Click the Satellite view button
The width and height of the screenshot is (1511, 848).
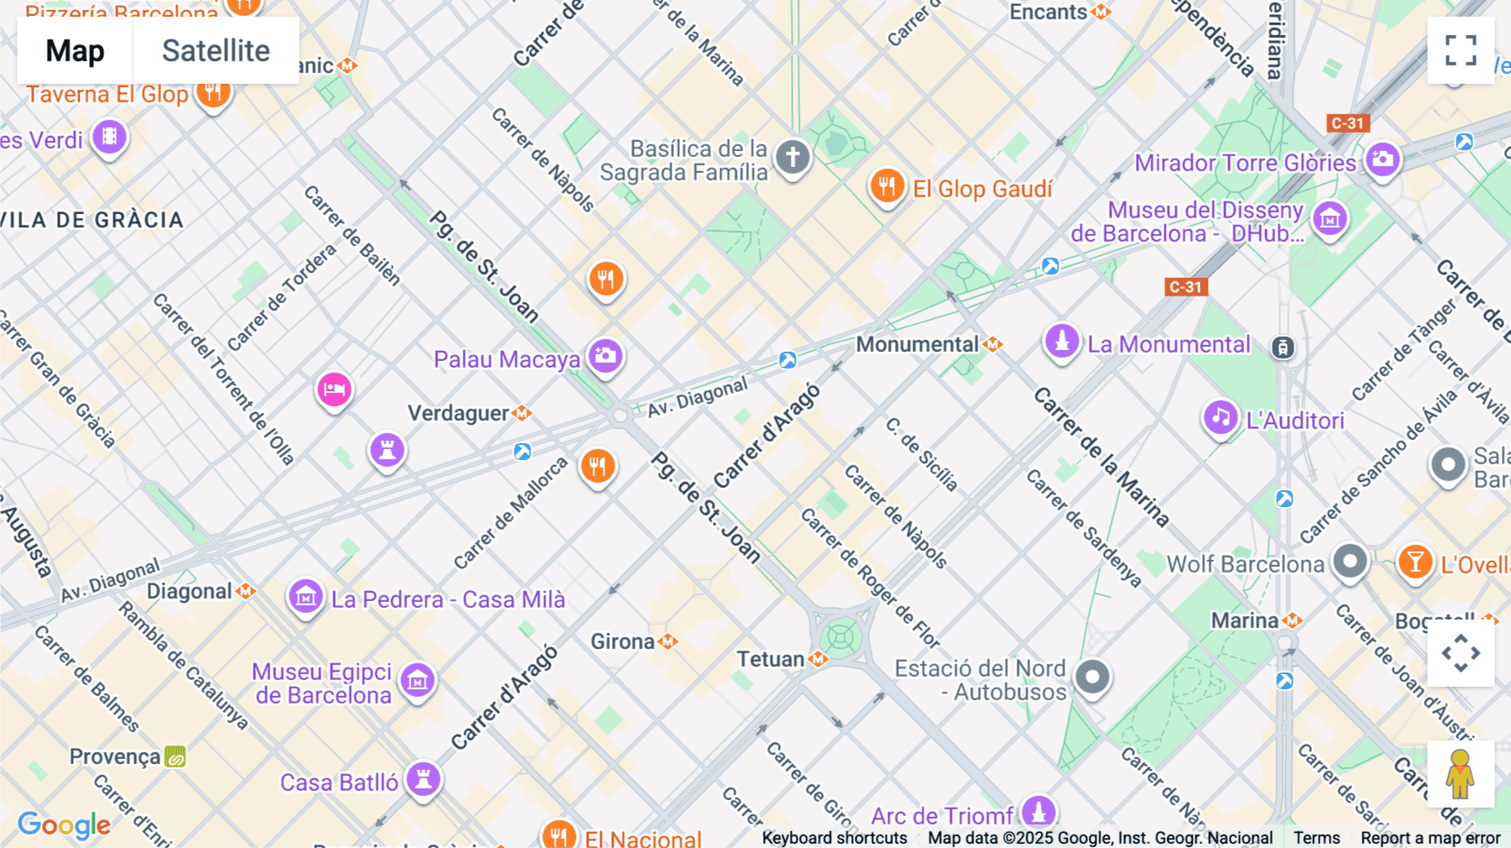216,50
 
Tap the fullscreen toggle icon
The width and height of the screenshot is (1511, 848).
1461,50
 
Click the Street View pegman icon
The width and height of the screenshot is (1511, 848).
1460,774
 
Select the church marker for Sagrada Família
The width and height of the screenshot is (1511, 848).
792,157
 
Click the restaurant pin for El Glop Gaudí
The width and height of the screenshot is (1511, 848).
886,186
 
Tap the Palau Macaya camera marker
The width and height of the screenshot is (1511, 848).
605,356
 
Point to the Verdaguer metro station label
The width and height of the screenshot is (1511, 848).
459,413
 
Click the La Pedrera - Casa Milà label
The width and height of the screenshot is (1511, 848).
447,599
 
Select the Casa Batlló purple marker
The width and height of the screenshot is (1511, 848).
424,779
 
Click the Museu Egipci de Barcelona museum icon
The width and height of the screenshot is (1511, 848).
417,680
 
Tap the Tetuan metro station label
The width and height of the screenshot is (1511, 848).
771,659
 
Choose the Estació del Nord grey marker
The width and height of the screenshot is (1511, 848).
1092,677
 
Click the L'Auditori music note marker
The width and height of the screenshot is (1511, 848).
1221,417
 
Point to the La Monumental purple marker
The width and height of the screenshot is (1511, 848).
1062,342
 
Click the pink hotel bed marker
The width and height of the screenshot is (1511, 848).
334,390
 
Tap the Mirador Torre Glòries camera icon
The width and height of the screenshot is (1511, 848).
1383,160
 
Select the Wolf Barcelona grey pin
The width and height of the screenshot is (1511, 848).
1350,561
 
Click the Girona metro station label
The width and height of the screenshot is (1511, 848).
623,641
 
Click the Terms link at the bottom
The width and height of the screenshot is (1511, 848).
1316,837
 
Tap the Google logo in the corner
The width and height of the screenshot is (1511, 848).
64,825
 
